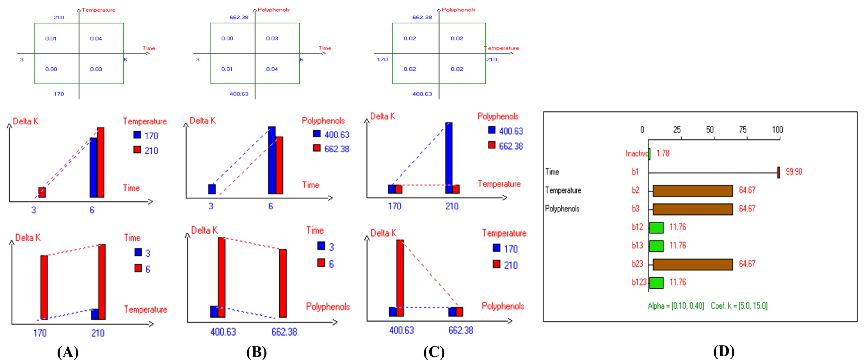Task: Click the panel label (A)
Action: tap(68, 352)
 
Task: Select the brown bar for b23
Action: tap(692, 264)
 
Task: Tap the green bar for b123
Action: tap(656, 283)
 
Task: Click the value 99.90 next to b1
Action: tap(794, 172)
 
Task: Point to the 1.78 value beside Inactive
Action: tap(662, 153)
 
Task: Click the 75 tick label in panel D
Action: tap(742, 130)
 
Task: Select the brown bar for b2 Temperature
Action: tap(692, 191)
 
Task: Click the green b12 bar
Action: tap(656, 227)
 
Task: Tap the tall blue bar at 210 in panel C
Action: tap(449, 154)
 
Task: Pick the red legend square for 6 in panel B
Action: tap(321, 263)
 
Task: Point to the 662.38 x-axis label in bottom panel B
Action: tap(284, 332)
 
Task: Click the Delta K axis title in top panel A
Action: tap(25, 121)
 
